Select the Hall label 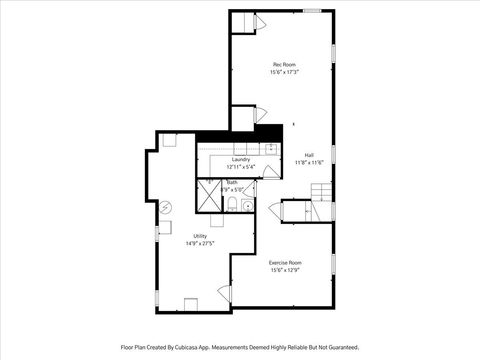coord(309,154)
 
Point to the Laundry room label coord(240,159)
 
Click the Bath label coord(232,182)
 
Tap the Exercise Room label coord(285,262)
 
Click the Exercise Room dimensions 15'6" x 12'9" coord(285,270)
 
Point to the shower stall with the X coord(208,197)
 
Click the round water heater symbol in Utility coord(166,209)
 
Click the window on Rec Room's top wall coord(312,11)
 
